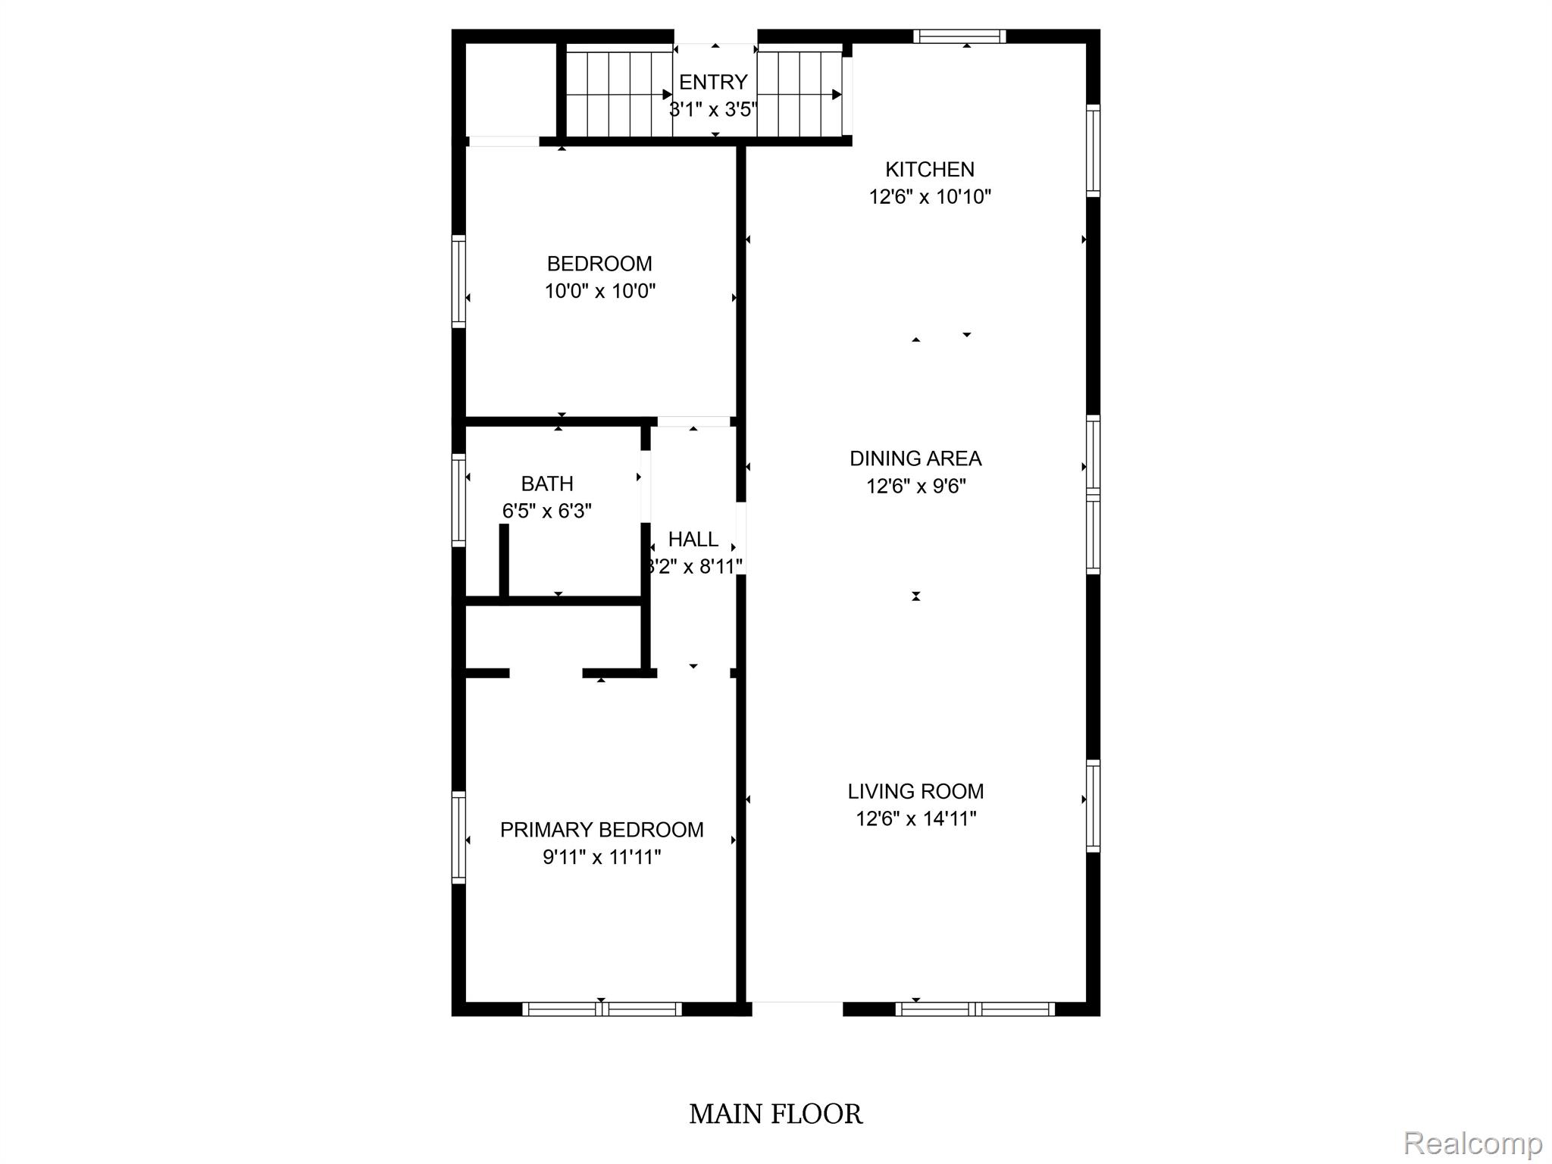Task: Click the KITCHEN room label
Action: pos(930,169)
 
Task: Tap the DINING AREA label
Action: pos(915,458)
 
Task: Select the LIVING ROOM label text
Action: pos(915,791)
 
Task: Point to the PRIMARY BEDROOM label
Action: pos(602,830)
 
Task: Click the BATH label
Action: pos(547,483)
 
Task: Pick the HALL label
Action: pos(693,540)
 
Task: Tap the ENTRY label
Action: pos(713,82)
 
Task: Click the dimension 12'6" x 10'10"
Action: pos(930,197)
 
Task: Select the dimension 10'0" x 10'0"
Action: pos(600,291)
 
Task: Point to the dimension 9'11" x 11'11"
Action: pos(602,857)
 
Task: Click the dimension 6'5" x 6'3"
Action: pos(547,511)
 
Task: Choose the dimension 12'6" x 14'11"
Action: pos(916,818)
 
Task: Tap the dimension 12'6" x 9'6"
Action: pos(916,486)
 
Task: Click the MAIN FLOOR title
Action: pos(776,1114)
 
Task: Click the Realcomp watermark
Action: pos(1472,1143)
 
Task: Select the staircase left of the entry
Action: pos(620,90)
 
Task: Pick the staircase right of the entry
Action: pos(800,90)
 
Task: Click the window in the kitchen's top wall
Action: pos(959,36)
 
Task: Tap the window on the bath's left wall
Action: pos(458,500)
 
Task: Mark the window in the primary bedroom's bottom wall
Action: pos(602,1009)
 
